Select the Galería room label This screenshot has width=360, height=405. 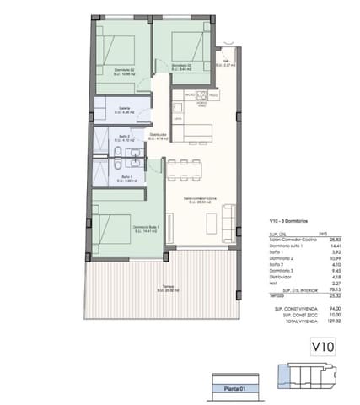125,108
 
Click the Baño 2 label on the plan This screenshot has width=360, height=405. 124,138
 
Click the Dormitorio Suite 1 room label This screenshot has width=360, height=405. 145,228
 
